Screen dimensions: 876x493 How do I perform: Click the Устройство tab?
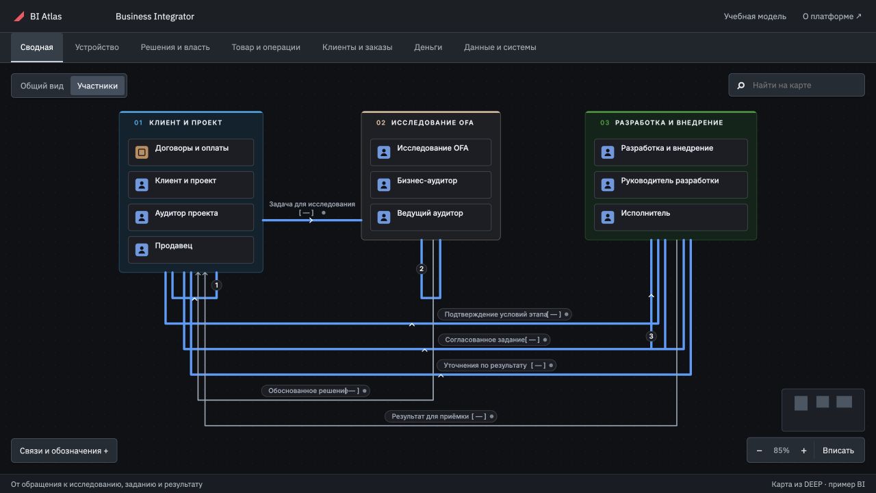click(x=97, y=47)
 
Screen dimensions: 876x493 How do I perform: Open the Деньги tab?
click(x=428, y=47)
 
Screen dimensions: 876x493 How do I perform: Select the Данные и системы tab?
click(x=500, y=47)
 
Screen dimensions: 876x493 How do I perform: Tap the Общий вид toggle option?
click(x=42, y=86)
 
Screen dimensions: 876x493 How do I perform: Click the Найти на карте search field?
click(x=796, y=85)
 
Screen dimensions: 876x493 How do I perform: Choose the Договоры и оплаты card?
click(x=191, y=152)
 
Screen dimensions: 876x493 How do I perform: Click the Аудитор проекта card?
click(x=191, y=217)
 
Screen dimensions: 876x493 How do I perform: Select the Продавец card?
click(x=191, y=250)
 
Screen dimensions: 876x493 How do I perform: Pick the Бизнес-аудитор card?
click(x=430, y=185)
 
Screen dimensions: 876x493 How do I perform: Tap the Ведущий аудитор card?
click(x=430, y=217)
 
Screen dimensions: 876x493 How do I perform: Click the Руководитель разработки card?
click(x=671, y=185)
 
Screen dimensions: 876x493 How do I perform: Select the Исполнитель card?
click(x=671, y=217)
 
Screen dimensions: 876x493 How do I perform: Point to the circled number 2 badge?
click(x=421, y=269)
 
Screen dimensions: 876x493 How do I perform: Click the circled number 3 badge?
click(x=651, y=336)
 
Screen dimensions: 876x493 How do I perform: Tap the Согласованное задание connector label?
click(x=494, y=340)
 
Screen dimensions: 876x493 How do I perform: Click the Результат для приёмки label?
click(x=441, y=416)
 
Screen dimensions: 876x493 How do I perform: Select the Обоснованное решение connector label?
click(x=315, y=390)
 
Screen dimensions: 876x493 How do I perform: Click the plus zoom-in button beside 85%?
click(x=803, y=451)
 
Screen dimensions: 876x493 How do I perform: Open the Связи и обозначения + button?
click(x=64, y=451)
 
